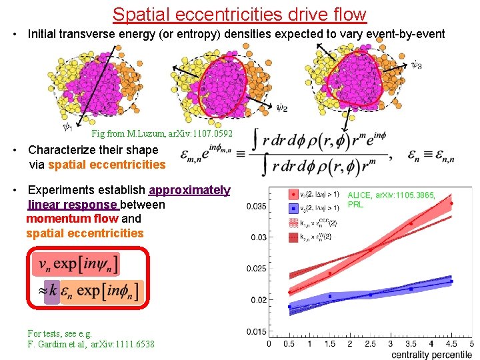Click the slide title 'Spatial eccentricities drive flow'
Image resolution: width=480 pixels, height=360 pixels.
[x=239, y=14]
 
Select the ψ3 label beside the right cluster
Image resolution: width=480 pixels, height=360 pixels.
[x=416, y=65]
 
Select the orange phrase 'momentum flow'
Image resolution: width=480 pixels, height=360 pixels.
[x=72, y=219]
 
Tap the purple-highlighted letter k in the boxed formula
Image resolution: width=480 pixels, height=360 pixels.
[x=51, y=291]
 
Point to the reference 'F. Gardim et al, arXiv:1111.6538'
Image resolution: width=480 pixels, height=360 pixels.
[x=91, y=344]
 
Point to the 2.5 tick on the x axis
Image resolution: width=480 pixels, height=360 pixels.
[x=370, y=344]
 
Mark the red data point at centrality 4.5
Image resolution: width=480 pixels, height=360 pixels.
[x=451, y=203]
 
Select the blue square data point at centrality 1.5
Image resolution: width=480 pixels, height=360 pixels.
[x=329, y=296]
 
